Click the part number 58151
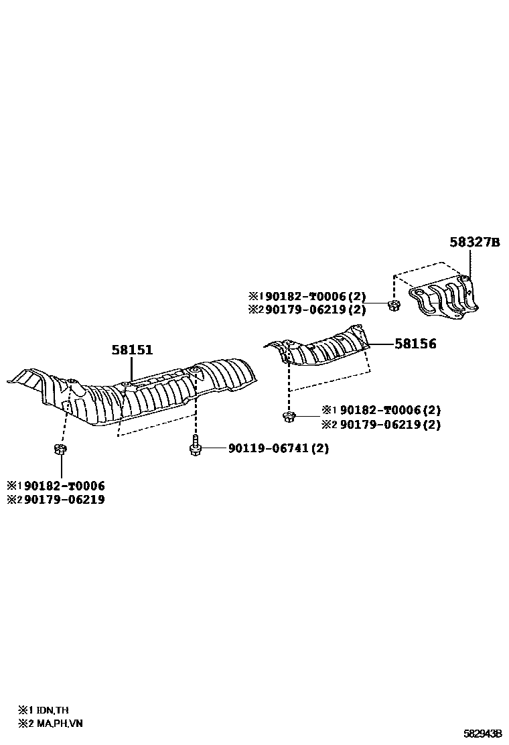[x=132, y=350]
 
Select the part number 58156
[x=415, y=344]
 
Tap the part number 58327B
[x=474, y=242]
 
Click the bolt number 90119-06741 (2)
[x=278, y=448]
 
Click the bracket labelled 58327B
[x=445, y=299]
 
